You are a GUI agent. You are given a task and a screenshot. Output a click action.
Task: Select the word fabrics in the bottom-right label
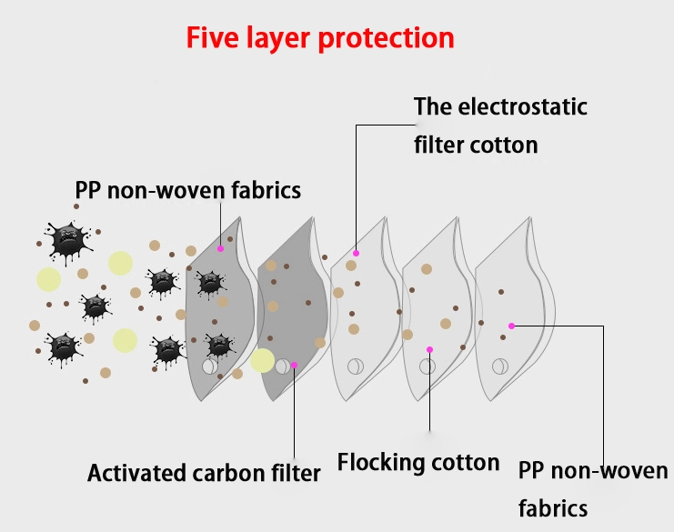[x=552, y=507]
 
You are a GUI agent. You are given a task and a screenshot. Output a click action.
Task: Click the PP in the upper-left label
[x=89, y=191]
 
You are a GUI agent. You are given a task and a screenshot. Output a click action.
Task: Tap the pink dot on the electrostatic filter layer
[x=356, y=253]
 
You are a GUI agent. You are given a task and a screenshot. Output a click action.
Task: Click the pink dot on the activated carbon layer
[x=294, y=365]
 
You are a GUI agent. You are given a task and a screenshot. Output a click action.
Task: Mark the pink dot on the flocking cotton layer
[x=429, y=349]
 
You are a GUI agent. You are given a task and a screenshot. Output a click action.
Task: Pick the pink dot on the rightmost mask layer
[x=512, y=326]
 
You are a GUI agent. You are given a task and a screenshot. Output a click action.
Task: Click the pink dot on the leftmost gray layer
[x=220, y=248]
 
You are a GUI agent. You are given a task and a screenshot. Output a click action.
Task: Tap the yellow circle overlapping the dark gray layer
[x=262, y=360]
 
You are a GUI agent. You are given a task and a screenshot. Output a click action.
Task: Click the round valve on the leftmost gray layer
[x=209, y=367]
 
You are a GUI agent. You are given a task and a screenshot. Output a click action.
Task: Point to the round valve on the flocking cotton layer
[x=427, y=366]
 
